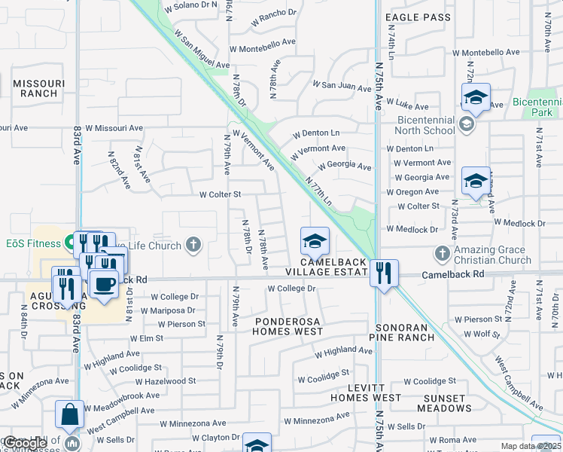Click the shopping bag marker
(x=69, y=414)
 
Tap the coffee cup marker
(x=104, y=285)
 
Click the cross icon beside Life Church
(x=193, y=244)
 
